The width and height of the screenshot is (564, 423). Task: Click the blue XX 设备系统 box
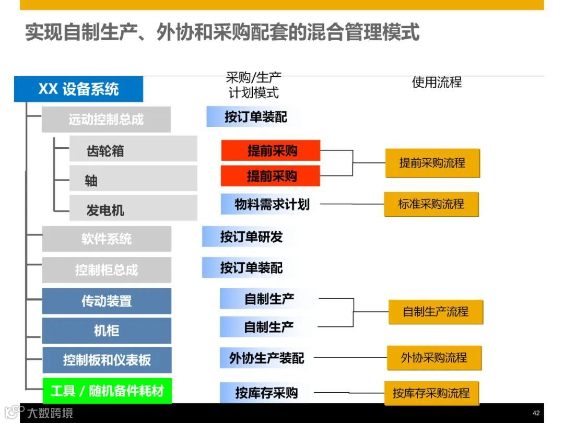(x=78, y=89)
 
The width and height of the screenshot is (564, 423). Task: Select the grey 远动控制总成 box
(x=106, y=120)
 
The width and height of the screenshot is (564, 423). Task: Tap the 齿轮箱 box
(x=133, y=150)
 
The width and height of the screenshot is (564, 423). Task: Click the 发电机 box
(x=133, y=210)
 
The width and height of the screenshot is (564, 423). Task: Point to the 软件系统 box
(x=107, y=239)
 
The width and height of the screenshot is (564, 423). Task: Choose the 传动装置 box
(x=107, y=301)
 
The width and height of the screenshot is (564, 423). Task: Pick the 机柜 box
(x=107, y=331)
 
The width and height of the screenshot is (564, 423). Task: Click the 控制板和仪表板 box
(x=107, y=360)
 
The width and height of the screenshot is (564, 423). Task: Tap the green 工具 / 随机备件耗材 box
(x=107, y=391)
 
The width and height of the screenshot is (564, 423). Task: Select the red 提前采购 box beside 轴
(x=271, y=176)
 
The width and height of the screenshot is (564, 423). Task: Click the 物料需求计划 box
(x=270, y=204)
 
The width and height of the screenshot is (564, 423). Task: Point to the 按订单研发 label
(x=250, y=237)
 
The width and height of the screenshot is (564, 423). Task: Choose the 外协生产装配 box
(x=266, y=358)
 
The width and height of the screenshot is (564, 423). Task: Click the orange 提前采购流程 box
(x=432, y=163)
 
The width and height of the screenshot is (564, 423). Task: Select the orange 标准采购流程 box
(x=431, y=204)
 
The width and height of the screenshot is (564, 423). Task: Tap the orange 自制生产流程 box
(x=436, y=312)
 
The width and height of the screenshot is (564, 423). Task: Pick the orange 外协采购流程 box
(x=434, y=358)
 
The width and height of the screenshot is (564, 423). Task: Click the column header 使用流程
(x=437, y=83)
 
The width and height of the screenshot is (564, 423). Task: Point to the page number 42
(x=536, y=413)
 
